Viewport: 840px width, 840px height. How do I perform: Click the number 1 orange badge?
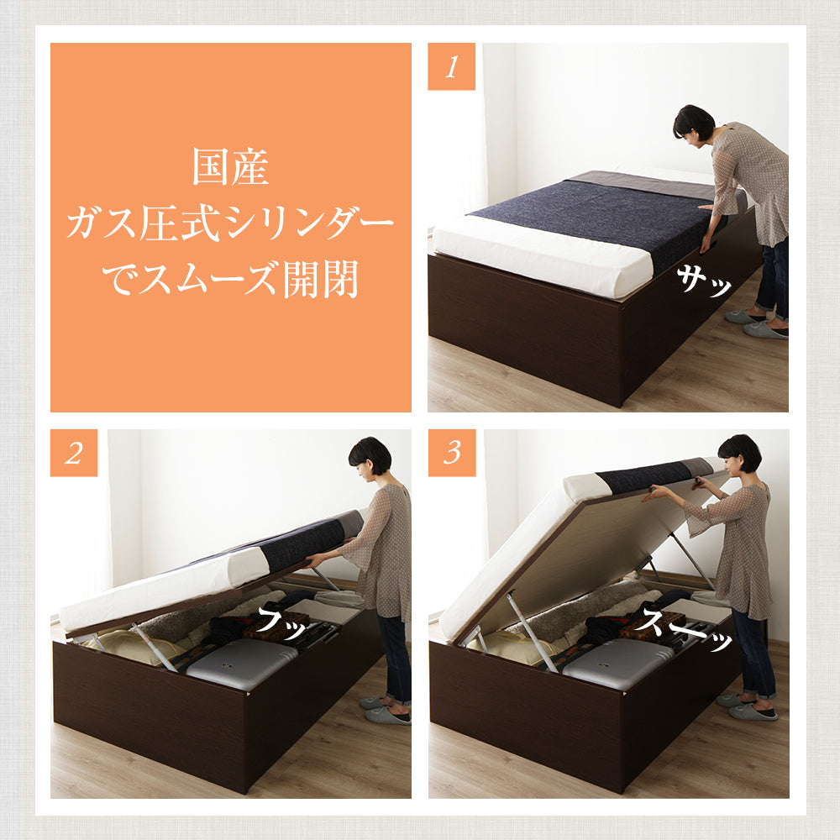451,66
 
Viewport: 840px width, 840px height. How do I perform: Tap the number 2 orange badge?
74,453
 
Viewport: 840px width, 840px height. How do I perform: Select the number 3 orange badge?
452,453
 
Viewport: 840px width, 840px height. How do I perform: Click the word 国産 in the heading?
230,166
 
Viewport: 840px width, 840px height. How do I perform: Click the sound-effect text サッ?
703,281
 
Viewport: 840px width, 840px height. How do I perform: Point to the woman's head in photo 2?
369,457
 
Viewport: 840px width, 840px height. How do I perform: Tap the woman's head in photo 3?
739,455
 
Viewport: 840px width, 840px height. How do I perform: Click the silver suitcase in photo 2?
241,664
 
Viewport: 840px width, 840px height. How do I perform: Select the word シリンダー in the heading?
311,223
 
